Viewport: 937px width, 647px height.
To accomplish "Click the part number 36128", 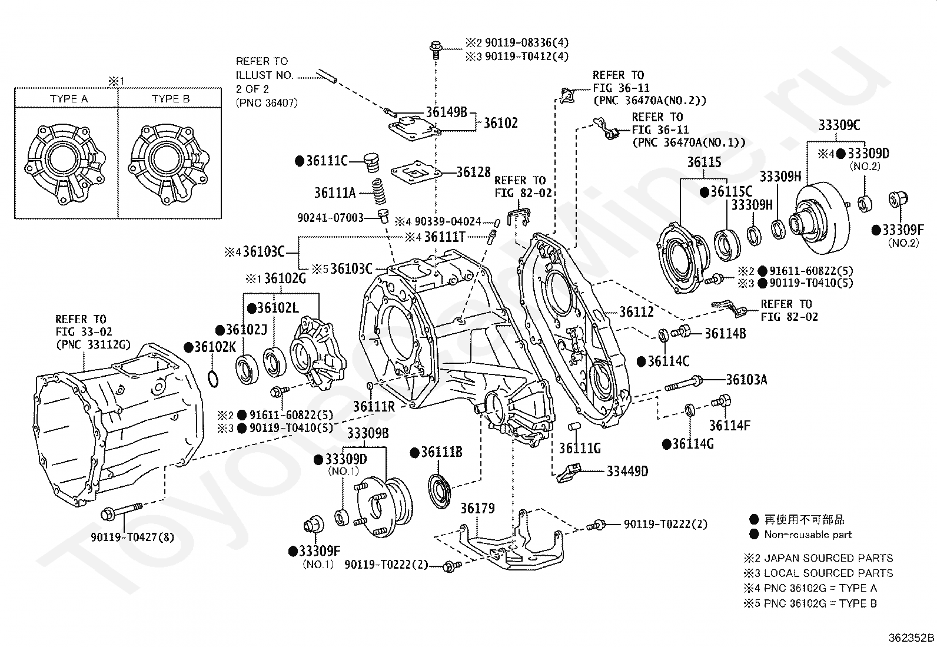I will tap(474, 172).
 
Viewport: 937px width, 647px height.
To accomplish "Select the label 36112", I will tap(636, 312).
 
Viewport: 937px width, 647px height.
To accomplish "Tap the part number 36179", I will tap(477, 508).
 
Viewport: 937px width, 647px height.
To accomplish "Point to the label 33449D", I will tap(627, 471).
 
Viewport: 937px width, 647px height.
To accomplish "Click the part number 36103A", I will tap(746, 380).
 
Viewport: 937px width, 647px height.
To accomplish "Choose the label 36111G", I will tap(580, 449).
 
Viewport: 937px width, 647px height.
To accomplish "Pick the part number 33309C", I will tap(839, 125).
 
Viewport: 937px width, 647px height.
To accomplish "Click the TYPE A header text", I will tap(69, 99).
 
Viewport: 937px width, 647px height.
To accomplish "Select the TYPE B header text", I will tap(171, 99).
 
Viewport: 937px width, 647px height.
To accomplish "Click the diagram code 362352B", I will tap(912, 638).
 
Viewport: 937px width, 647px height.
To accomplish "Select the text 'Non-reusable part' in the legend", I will tap(808, 535).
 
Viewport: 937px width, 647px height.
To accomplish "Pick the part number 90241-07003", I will tap(330, 217).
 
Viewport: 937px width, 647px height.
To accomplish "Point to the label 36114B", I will tap(725, 334).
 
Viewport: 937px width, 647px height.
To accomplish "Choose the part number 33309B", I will tap(367, 434).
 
